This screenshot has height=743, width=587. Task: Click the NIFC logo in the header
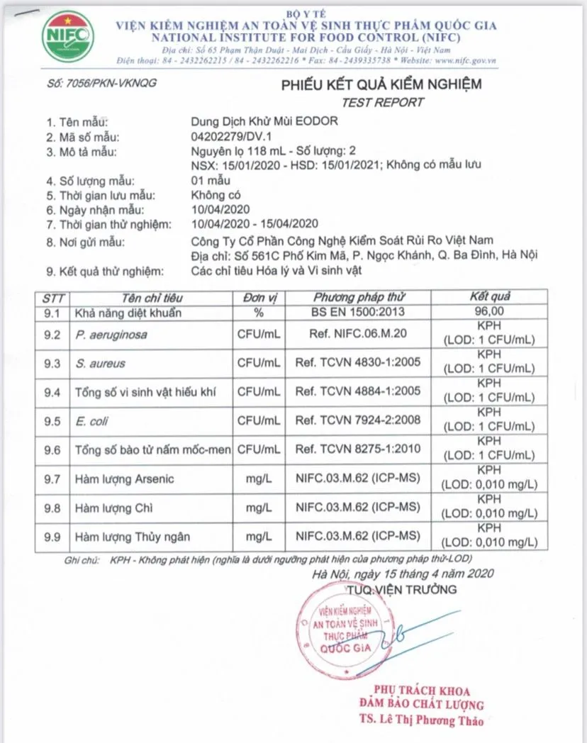[x=68, y=35]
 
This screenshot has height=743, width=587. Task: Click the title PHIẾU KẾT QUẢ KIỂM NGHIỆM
[x=381, y=84]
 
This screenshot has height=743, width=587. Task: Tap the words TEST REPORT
[x=383, y=102]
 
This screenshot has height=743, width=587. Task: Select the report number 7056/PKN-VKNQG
[x=101, y=83]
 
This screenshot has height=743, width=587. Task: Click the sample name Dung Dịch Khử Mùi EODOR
[x=264, y=121]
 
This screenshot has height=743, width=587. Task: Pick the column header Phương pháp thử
[x=359, y=297]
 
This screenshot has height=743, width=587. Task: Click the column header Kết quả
[x=489, y=297]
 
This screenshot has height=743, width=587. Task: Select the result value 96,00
[x=489, y=311]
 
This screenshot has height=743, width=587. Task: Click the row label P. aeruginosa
[x=111, y=334]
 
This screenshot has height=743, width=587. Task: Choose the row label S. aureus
[x=100, y=363]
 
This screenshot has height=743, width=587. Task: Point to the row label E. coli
[x=90, y=421]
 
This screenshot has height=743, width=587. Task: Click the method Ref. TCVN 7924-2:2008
[x=358, y=421]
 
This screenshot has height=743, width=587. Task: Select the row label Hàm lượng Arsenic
[x=124, y=479]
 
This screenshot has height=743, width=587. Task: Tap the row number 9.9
[x=52, y=537]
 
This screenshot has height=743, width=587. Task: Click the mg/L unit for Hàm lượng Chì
[x=259, y=508]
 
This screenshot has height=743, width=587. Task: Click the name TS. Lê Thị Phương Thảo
[x=421, y=720]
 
